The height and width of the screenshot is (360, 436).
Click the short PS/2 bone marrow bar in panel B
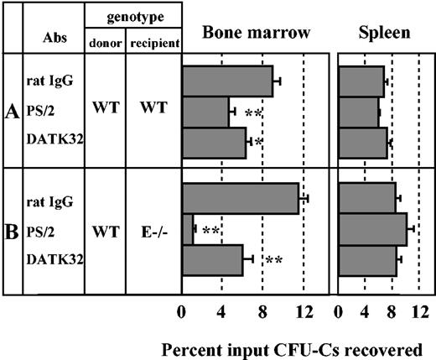coord(189,228)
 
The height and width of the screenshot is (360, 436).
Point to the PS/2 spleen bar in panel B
coord(372,228)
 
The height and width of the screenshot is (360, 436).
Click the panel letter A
coord(13,113)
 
